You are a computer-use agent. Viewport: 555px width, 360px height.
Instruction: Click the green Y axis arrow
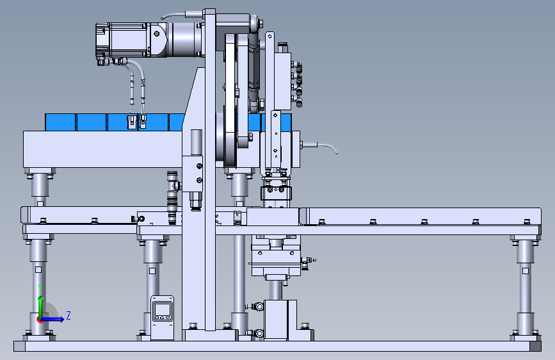[41, 307]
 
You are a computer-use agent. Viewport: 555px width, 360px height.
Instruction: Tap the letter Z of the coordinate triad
[68, 315]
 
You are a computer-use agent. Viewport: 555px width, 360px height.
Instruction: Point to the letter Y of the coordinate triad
[40, 288]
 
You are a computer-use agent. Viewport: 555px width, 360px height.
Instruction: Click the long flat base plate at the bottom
[278, 346]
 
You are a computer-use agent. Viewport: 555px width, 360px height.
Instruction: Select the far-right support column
[526, 286]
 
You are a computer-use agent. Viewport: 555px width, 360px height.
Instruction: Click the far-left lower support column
[38, 286]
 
